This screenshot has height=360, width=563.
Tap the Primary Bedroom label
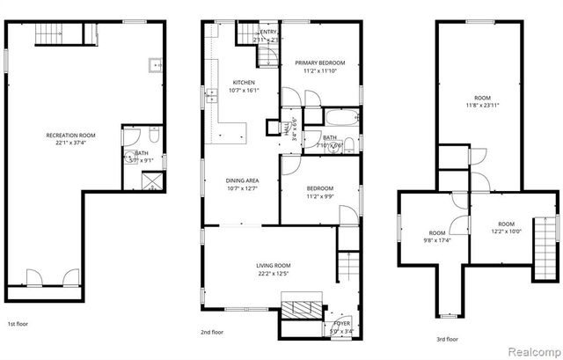coord(319,62)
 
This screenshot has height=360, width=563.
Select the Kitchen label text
coord(219,83)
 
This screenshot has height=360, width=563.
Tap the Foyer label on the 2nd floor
coord(340,323)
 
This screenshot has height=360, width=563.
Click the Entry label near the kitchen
coord(267,33)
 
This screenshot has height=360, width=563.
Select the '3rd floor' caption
coord(447,338)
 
